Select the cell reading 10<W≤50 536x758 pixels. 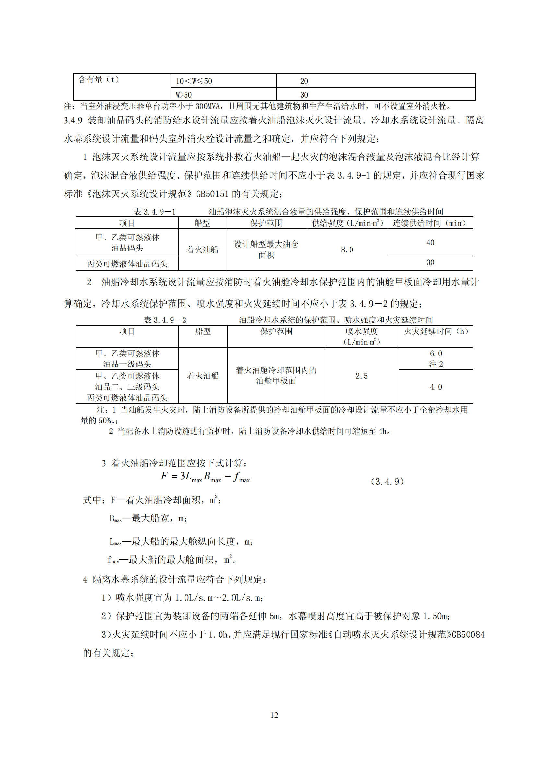pyautogui.click(x=194, y=81)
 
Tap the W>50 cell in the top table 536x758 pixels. pyautogui.click(x=184, y=95)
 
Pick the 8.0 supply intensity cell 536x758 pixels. pyautogui.click(x=347, y=250)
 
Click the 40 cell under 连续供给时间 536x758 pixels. pyautogui.click(x=430, y=243)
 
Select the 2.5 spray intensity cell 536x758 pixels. pyautogui.click(x=361, y=376)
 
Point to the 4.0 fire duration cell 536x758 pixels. pyautogui.click(x=435, y=387)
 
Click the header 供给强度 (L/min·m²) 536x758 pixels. pyautogui.click(x=347, y=223)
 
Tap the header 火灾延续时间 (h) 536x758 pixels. pyautogui.click(x=435, y=331)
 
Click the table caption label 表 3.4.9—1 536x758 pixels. pyautogui.click(x=155, y=212)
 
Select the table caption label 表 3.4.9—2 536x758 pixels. pyautogui.click(x=165, y=320)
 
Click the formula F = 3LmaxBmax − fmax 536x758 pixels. pyautogui.click(x=205, y=477)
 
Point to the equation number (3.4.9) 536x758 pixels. pyautogui.click(x=387, y=481)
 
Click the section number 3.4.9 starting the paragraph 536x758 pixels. pyautogui.click(x=73, y=121)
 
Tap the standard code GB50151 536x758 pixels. pyautogui.click(x=212, y=194)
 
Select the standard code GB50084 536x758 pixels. pyautogui.click(x=468, y=635)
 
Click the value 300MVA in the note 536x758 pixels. pyautogui.click(x=208, y=106)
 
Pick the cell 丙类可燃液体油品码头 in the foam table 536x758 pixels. pyautogui.click(x=127, y=264)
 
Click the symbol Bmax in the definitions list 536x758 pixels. pyautogui.click(x=115, y=519)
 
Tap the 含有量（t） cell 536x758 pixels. pyautogui.click(x=99, y=80)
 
